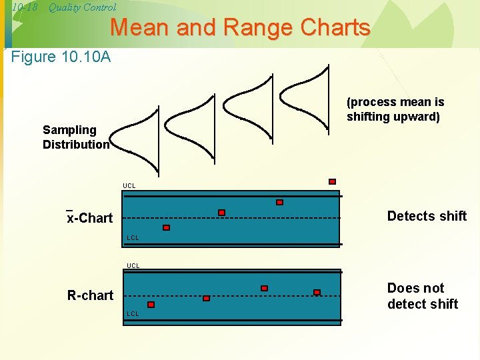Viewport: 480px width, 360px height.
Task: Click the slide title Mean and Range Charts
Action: [240, 28]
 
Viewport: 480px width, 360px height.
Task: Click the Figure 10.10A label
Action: [61, 57]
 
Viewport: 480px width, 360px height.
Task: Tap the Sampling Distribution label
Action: [76, 137]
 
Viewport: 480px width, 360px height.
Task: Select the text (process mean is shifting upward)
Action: [395, 109]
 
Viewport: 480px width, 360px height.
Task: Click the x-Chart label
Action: [90, 218]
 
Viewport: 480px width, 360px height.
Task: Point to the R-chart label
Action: [90, 295]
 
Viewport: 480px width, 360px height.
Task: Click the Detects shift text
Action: [427, 216]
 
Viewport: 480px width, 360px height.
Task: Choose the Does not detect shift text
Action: [422, 296]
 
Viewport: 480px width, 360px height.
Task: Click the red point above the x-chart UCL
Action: [332, 181]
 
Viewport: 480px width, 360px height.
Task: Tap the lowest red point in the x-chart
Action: [166, 227]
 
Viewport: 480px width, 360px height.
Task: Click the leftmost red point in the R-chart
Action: [151, 305]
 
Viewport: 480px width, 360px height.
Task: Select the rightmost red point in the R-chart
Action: [317, 292]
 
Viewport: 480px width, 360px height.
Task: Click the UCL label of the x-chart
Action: [129, 185]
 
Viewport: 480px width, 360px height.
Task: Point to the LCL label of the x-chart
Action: [133, 238]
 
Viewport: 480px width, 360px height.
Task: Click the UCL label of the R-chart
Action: [133, 265]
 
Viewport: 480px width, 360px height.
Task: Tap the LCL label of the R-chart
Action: [133, 313]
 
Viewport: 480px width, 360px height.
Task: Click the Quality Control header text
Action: [82, 7]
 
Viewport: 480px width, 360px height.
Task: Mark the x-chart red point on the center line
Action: [221, 213]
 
